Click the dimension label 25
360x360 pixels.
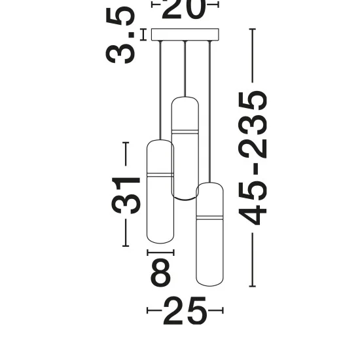pos(185,311)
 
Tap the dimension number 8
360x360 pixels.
pos(161,272)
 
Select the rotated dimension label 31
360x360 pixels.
pos(126,196)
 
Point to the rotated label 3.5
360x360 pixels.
pos(120,35)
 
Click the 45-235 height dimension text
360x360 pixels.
pos(253,158)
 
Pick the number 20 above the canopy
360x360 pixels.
pos(184,9)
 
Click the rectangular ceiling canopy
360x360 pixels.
pos(185,35)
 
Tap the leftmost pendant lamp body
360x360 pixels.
pos(160,191)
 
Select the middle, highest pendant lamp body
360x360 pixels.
pos(185,148)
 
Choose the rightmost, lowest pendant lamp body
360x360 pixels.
pos(209,234)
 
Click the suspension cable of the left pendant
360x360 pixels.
pos(160,90)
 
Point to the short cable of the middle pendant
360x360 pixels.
pos(185,69)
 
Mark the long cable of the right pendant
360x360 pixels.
pos(209,111)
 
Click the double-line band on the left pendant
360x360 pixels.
pos(160,175)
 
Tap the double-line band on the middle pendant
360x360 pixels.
pos(185,132)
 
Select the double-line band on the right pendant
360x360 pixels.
pos(209,218)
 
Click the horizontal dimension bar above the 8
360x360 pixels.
pos(160,253)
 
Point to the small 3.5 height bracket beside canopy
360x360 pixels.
pos(143,35)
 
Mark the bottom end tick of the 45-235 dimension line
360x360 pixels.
pos(252,286)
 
